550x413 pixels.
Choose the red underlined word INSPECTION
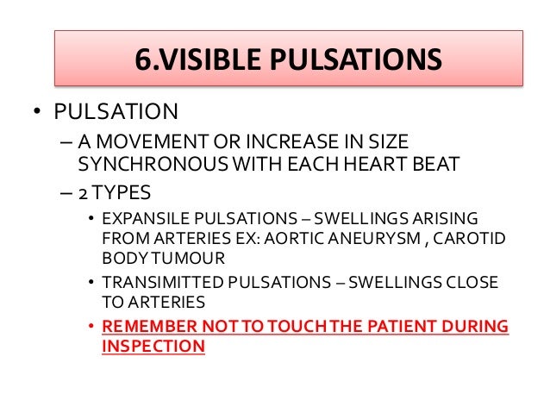[153, 347]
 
